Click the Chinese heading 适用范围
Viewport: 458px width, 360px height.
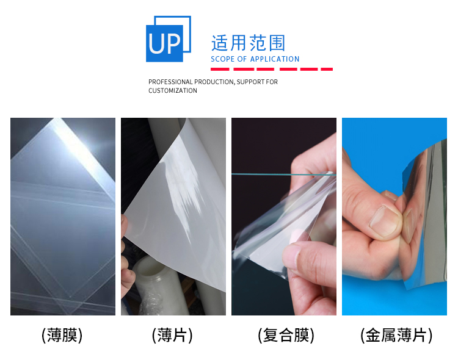[248, 43]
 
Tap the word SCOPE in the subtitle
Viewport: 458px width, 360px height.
[222, 59]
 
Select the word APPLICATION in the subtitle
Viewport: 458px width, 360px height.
[275, 59]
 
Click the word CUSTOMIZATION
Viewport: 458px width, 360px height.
[173, 91]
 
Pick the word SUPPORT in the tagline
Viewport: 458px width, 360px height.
[251, 82]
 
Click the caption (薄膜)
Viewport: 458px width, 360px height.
[62, 335]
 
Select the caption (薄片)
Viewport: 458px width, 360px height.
[173, 335]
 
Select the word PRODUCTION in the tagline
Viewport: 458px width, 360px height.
[214, 82]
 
